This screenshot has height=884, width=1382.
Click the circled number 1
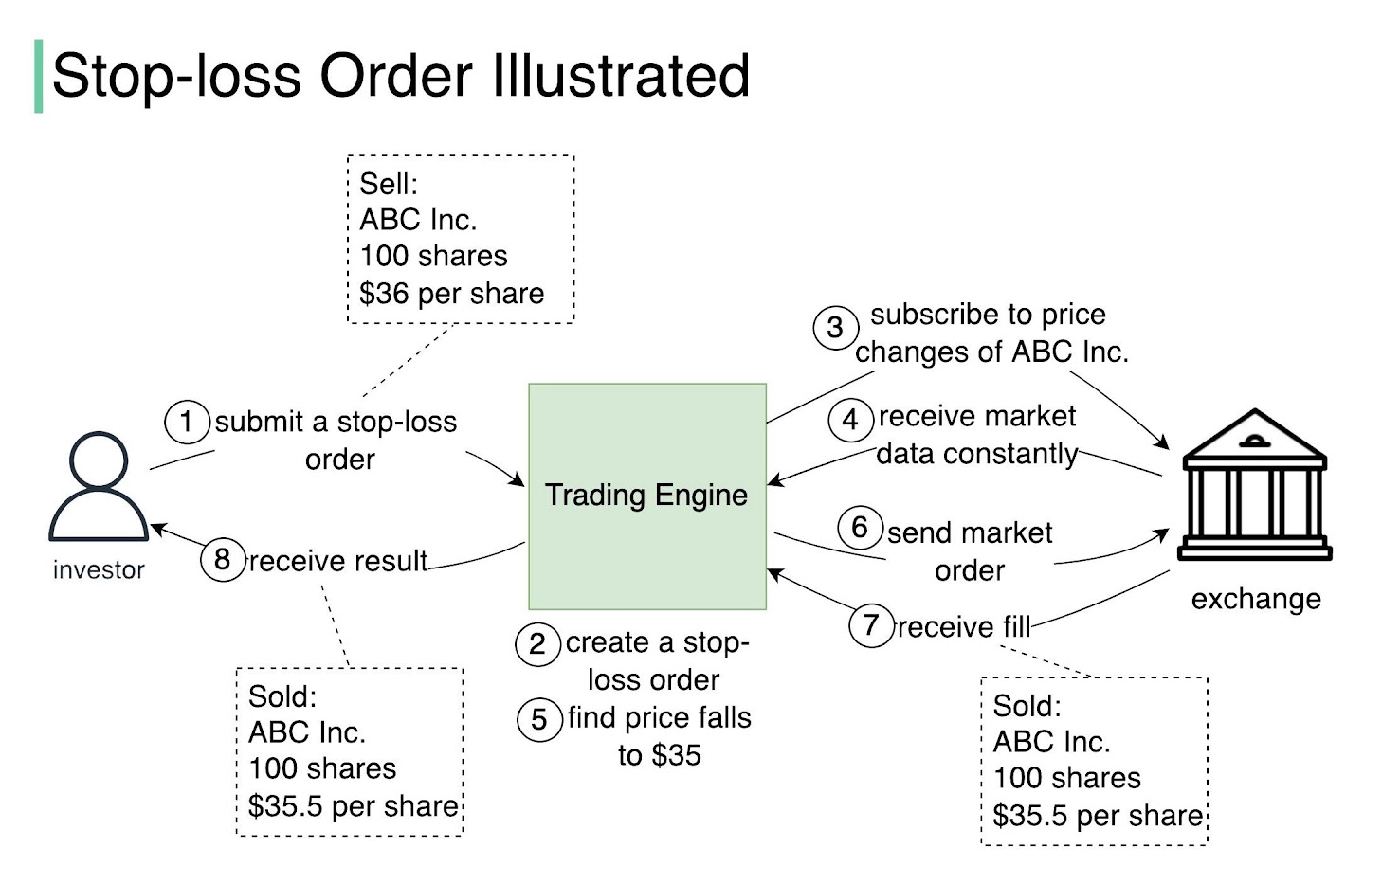click(x=187, y=422)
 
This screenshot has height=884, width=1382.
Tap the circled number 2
click(x=537, y=644)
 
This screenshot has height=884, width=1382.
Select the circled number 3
click(x=835, y=328)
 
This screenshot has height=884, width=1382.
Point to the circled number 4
click(x=850, y=420)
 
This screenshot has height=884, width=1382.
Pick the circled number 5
click(x=538, y=719)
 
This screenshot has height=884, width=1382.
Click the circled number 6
click(x=860, y=527)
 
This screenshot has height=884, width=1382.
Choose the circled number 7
click(x=871, y=625)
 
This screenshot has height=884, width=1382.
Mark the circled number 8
click(x=223, y=560)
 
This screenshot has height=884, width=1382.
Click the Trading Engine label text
click(x=646, y=495)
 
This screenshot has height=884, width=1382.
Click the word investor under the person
click(x=99, y=570)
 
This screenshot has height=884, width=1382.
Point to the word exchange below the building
click(x=1256, y=599)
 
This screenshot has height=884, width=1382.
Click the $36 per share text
click(x=451, y=294)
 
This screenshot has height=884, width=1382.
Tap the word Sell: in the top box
click(x=389, y=184)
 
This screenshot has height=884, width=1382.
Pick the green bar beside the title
click(x=39, y=76)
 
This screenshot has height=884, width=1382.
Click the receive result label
click(x=338, y=561)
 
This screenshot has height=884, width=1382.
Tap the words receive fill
click(x=963, y=627)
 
